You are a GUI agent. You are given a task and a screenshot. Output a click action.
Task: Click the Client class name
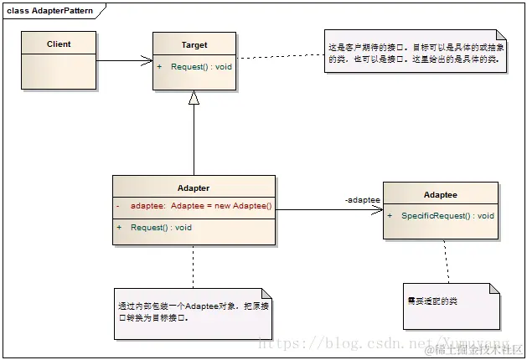pyautogui.click(x=59, y=44)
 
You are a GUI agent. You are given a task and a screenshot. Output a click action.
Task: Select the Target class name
pyautogui.click(x=194, y=45)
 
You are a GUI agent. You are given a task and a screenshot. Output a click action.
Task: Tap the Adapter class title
pyautogui.click(x=194, y=188)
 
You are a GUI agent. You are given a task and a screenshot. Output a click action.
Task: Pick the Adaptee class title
pyautogui.click(x=440, y=194)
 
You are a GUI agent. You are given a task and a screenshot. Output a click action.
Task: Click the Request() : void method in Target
pyautogui.click(x=199, y=66)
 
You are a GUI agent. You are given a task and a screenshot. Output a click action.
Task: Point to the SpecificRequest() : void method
pyautogui.click(x=447, y=216)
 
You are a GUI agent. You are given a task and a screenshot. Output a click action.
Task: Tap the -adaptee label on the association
pyautogui.click(x=362, y=200)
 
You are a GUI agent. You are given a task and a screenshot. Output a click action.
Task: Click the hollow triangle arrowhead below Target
pyautogui.click(x=194, y=98)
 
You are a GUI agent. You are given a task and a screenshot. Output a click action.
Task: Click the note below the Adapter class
pyautogui.click(x=194, y=312)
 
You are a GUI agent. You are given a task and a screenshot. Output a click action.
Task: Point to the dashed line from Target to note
pyautogui.click(x=280, y=56)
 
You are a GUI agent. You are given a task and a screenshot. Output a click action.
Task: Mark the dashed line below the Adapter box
pyautogui.click(x=194, y=265)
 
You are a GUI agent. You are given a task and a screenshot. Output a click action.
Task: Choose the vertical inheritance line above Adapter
pyautogui.click(x=194, y=142)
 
